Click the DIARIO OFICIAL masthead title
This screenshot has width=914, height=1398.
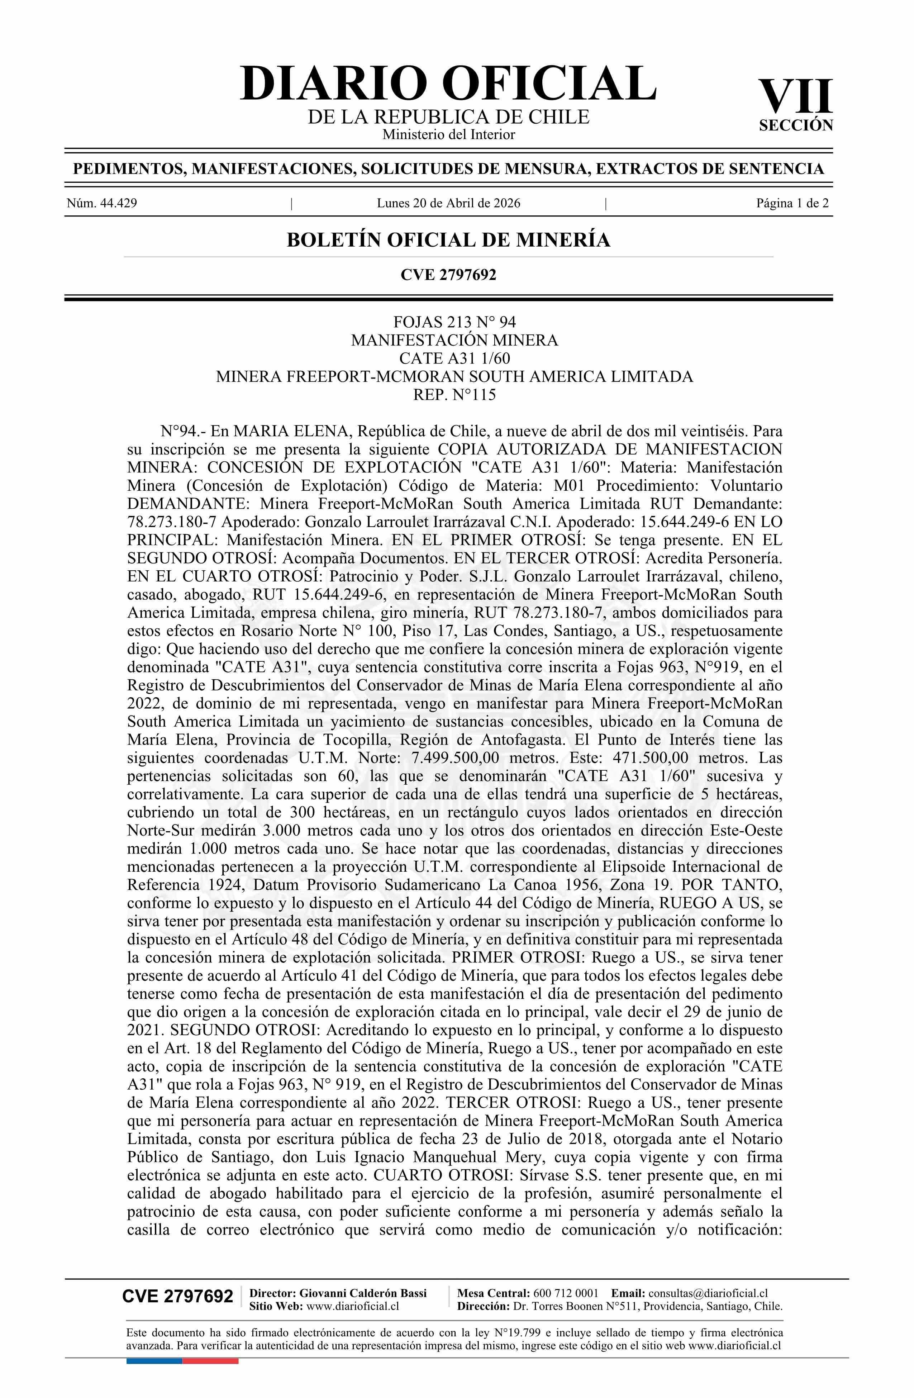(448, 84)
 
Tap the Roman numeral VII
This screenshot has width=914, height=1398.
(795, 97)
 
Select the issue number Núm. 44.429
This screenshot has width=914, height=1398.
(102, 204)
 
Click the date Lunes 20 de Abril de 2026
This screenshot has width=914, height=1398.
(448, 204)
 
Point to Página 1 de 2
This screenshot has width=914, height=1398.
(792, 204)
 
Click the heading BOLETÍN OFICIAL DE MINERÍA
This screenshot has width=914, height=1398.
(448, 240)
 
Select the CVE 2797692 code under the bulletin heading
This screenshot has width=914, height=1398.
(448, 274)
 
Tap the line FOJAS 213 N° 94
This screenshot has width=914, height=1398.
(454, 322)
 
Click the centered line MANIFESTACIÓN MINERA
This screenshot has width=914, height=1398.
(454, 340)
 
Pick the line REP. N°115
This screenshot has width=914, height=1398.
(454, 395)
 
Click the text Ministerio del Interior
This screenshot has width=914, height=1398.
(448, 134)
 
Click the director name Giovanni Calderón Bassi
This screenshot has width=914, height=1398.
(363, 1293)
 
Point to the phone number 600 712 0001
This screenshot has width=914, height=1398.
(566, 1293)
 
